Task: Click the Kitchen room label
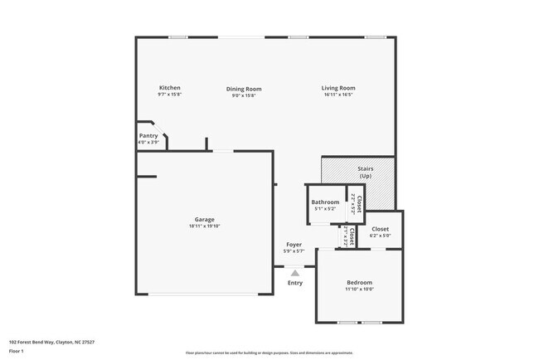coord(170,88)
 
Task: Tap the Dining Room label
coord(244,89)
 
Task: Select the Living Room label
coord(338,88)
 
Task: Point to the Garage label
coord(204,220)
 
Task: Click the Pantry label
coord(148,135)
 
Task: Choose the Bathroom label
coord(325,202)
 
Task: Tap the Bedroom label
coord(359,282)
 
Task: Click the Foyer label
coord(294,245)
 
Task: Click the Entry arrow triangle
coord(294,271)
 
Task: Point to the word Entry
coord(294,283)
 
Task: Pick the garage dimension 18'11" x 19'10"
coord(204,226)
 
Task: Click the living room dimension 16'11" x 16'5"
coord(338,95)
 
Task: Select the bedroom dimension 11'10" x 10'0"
coord(359,289)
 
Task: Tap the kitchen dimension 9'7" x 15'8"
coord(170,95)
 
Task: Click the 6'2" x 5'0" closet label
coord(380,236)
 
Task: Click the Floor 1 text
coord(17,350)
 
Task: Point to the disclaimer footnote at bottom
coord(269,353)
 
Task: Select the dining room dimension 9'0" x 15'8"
coord(244,95)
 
